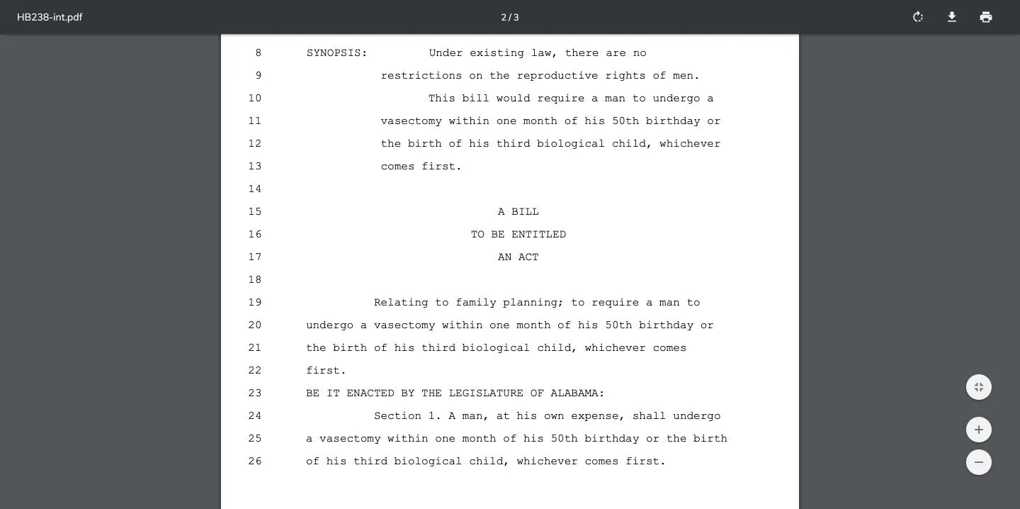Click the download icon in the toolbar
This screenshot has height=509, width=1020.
coord(952,17)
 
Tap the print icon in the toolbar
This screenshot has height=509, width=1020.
coord(986,17)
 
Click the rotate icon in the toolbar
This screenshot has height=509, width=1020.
coord(918,17)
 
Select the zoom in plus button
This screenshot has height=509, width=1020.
coord(979,430)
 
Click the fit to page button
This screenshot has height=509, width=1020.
coord(979,387)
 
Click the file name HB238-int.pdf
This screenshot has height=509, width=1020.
coord(50,17)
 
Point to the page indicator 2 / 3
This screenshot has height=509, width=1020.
coord(510,17)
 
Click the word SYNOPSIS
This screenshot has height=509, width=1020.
coord(336,53)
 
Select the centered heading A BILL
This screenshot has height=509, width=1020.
coord(518,212)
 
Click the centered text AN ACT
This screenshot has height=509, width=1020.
coord(518,257)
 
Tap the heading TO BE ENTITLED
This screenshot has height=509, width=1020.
coord(518,235)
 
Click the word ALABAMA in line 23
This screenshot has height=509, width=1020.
coord(577,393)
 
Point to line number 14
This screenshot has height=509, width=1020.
coord(255,189)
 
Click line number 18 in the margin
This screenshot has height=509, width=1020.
coord(255,280)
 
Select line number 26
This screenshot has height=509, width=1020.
coord(255,462)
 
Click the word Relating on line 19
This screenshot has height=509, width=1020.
coord(401,303)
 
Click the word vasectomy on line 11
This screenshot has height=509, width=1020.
coord(411,121)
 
